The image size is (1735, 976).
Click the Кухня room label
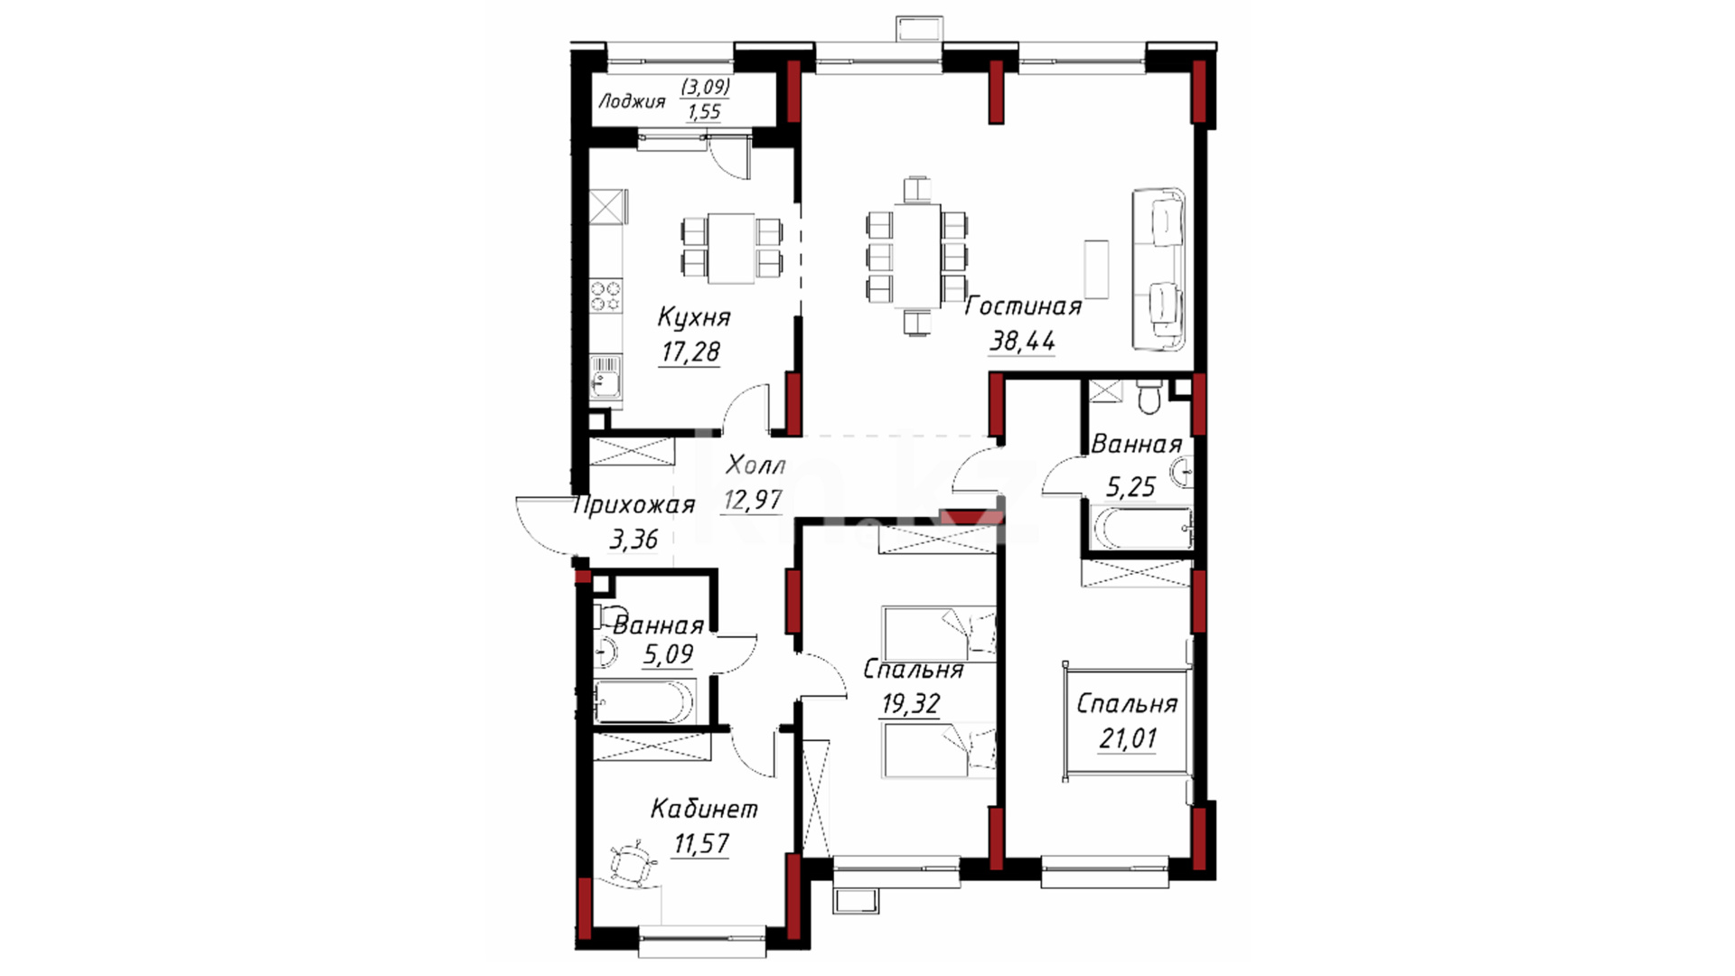[693, 317]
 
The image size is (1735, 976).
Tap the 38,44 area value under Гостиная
[1022, 342]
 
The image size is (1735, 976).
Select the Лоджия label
[632, 101]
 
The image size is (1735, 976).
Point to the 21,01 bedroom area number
[1127, 738]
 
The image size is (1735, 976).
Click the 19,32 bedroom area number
[910, 703]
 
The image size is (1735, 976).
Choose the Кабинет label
[704, 808]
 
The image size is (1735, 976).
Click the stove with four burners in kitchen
[606, 296]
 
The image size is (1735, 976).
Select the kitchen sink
[605, 377]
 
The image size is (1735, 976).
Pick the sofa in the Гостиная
[1159, 269]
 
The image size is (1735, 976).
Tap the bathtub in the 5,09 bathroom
[644, 702]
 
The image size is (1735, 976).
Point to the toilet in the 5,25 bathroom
[1149, 395]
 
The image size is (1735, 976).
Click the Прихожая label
[634, 505]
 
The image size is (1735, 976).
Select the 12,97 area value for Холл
[752, 500]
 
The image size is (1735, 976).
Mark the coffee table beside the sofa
[1096, 268]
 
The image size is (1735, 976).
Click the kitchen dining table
[731, 248]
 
